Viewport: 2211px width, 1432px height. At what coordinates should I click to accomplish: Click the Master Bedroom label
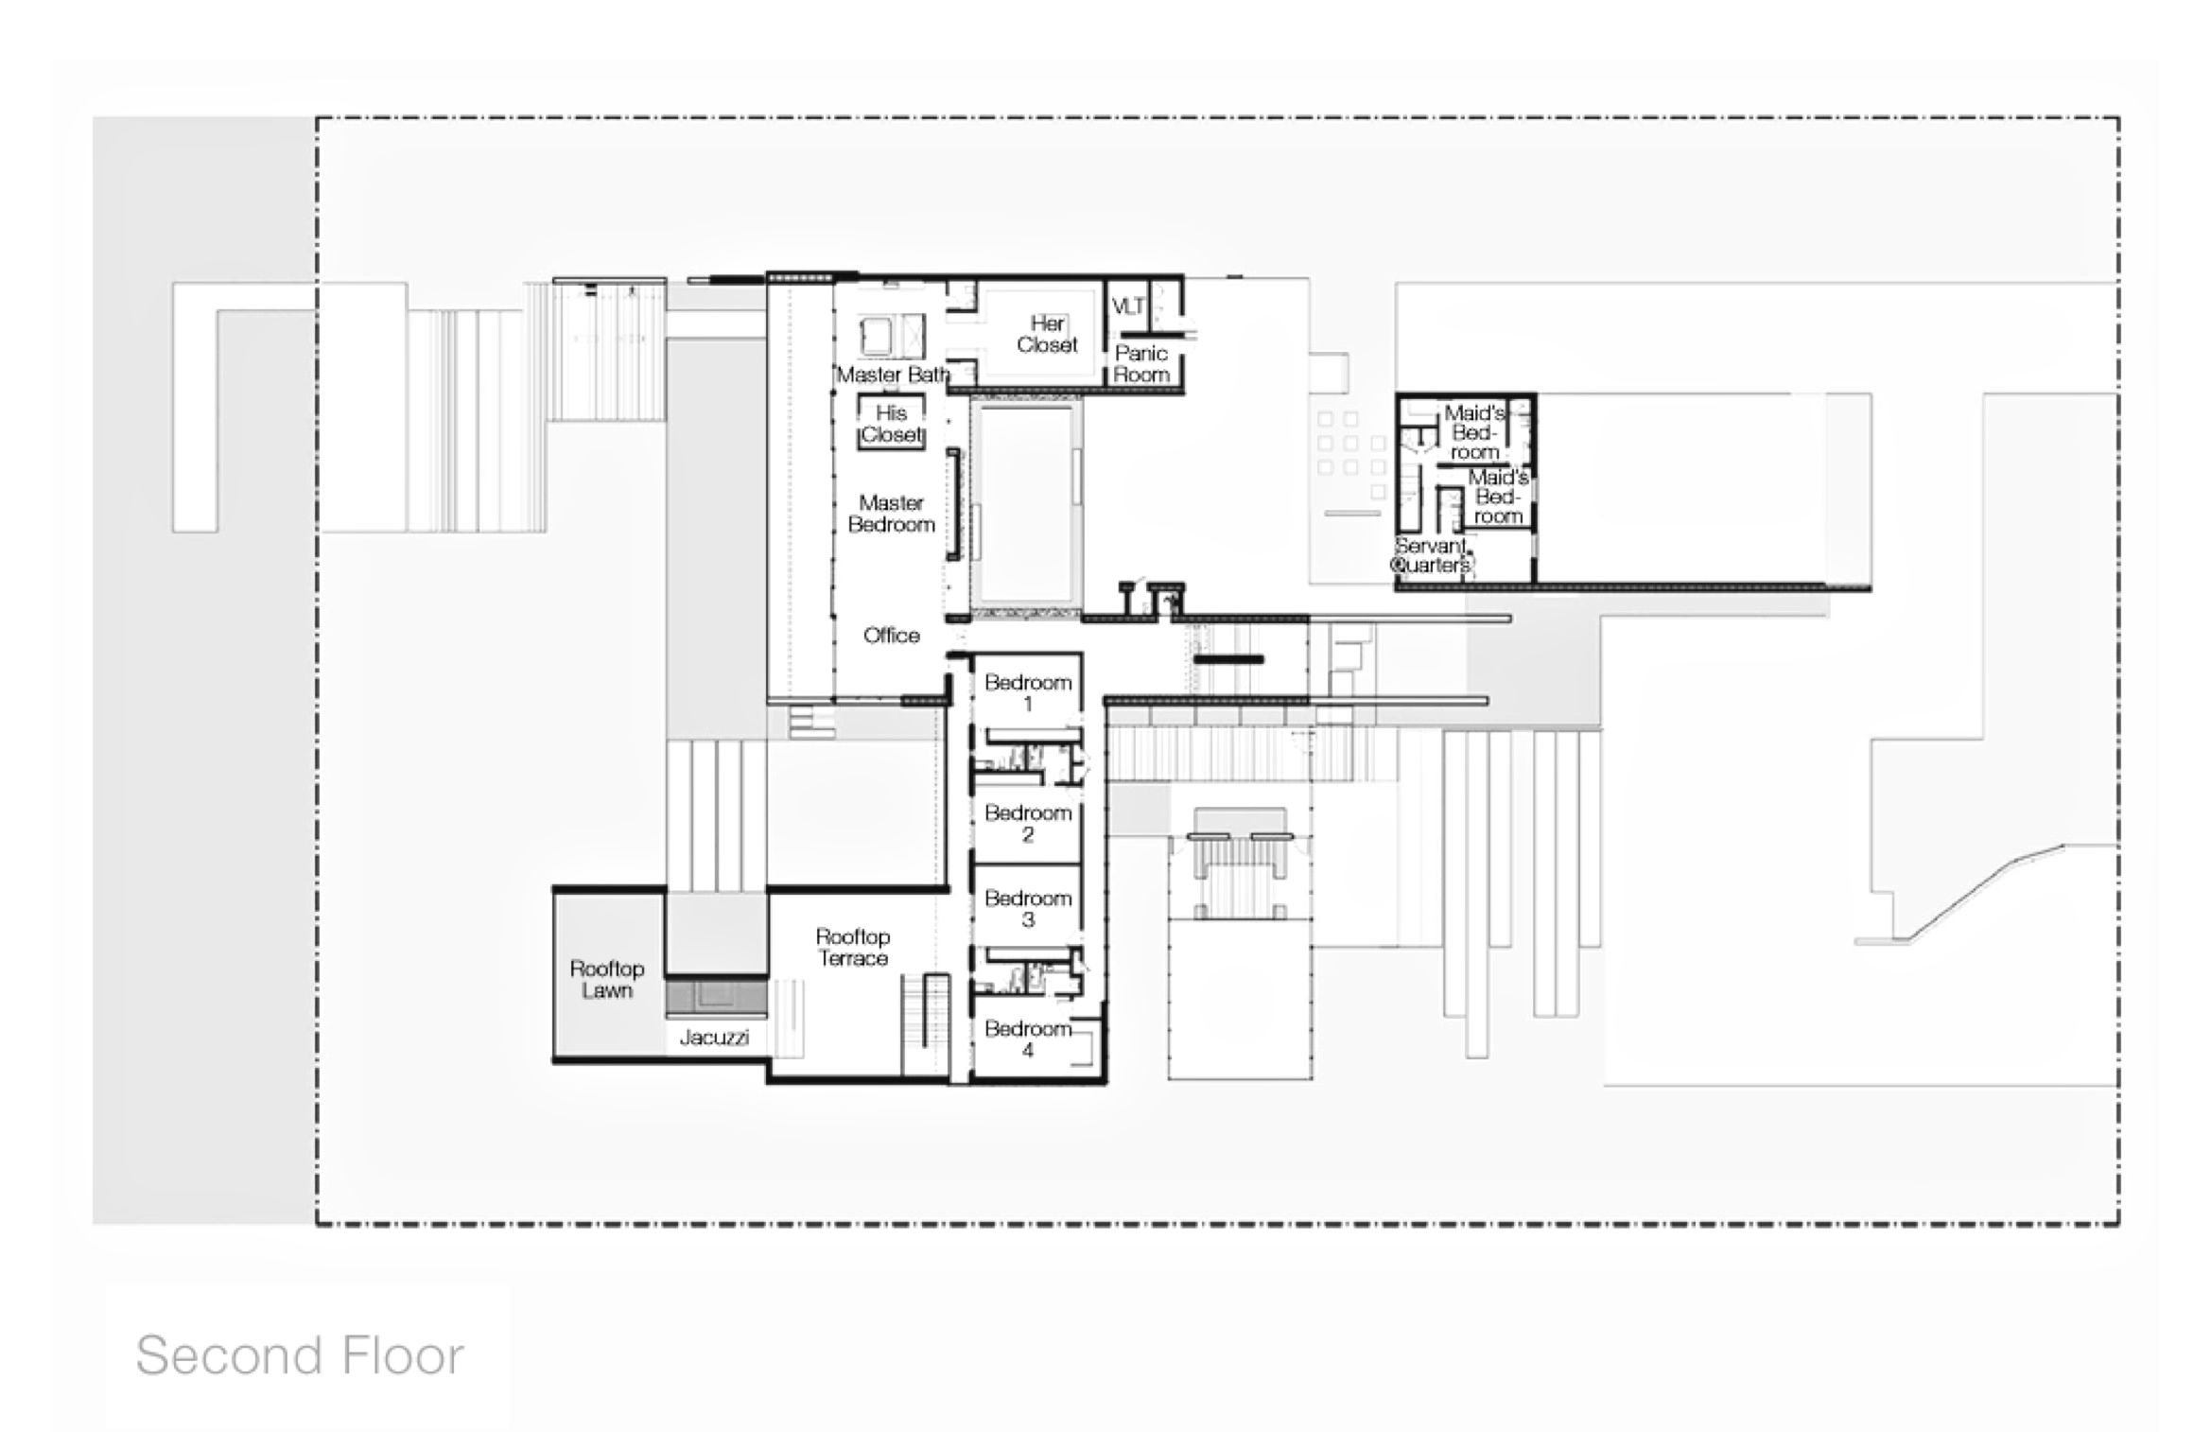tap(891, 514)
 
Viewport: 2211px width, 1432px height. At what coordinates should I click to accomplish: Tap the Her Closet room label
tap(1047, 335)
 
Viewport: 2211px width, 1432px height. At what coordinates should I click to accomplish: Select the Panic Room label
tap(1141, 363)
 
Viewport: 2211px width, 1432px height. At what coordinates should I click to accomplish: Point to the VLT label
tap(1128, 306)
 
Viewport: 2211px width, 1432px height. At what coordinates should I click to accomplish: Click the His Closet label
tap(891, 424)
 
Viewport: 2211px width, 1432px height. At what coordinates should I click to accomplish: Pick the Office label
tap(891, 636)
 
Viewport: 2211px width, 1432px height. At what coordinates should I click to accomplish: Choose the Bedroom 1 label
tap(1028, 692)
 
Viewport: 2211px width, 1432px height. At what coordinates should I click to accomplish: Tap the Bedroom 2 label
tap(1028, 823)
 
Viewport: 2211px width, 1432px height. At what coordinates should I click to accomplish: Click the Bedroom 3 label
tap(1028, 908)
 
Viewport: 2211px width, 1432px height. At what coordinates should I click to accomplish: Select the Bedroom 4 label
tap(1028, 1039)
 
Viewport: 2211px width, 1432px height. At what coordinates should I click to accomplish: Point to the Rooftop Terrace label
tap(853, 947)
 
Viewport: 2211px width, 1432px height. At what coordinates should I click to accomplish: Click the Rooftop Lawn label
tap(607, 979)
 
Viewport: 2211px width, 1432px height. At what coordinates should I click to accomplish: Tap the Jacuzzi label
tap(714, 1038)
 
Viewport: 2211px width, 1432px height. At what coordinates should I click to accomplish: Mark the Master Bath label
tap(893, 375)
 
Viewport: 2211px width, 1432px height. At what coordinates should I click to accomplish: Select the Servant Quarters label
tap(1432, 555)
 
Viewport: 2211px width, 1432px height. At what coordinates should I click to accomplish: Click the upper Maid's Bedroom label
tap(1474, 432)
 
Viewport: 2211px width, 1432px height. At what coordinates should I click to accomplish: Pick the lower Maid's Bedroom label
tap(1498, 497)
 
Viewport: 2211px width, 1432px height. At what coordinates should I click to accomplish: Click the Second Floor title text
tap(300, 1355)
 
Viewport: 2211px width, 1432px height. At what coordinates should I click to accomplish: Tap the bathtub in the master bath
tap(875, 335)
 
